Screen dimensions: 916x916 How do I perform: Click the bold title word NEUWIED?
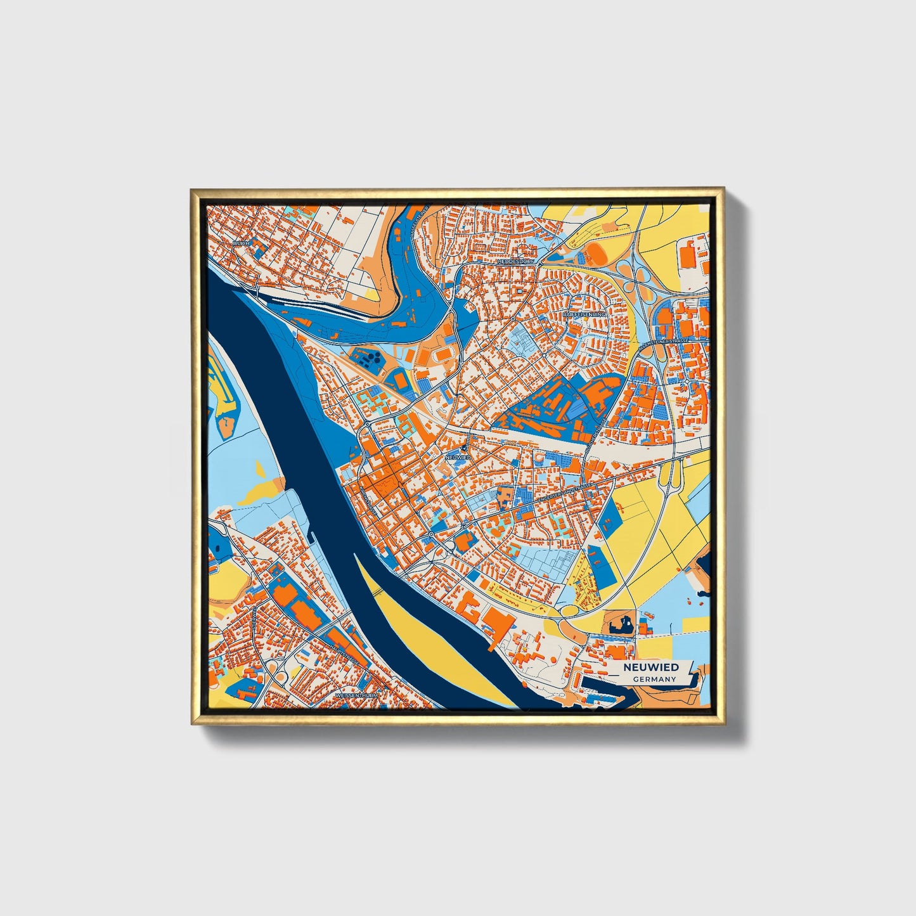pos(650,667)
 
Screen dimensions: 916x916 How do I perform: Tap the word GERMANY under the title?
pos(654,679)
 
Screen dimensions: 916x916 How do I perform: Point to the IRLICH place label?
pos(242,243)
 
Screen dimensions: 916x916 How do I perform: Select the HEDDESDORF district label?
pos(516,261)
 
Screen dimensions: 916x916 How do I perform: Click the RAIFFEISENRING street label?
pos(584,314)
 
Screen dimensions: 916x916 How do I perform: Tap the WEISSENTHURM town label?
pos(356,695)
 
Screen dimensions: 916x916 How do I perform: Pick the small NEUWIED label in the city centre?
pos(457,456)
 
